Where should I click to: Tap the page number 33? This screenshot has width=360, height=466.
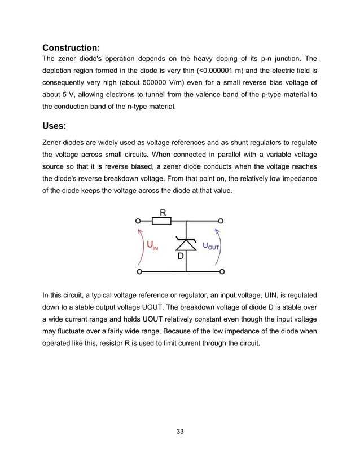(180, 432)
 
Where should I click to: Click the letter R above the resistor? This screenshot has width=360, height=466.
(163, 212)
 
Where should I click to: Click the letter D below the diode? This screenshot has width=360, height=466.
(181, 256)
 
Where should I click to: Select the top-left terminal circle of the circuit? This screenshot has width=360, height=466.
(138, 221)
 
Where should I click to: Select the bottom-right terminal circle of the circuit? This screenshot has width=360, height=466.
(222, 272)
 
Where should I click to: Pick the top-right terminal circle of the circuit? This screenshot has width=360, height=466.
(222, 221)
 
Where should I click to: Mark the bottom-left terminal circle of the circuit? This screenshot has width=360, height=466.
(138, 272)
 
